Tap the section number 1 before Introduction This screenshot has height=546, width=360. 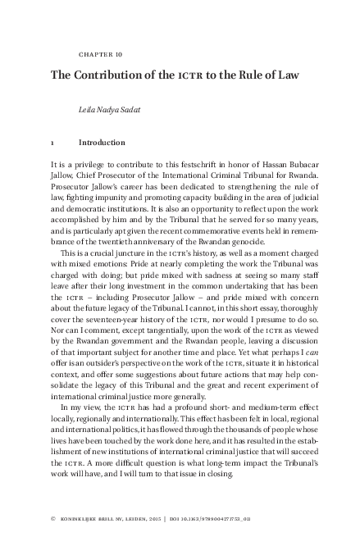(53, 142)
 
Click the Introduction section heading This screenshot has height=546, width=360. (103, 142)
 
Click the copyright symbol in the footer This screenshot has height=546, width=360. (52, 519)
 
